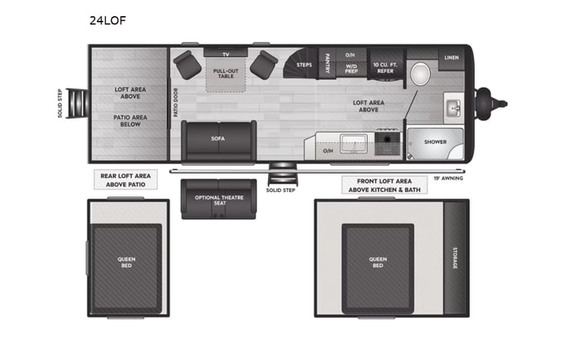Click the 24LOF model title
tap(107, 21)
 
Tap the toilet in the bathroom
tap(420, 74)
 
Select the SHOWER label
tap(435, 142)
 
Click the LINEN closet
tap(450, 58)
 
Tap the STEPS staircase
tap(301, 64)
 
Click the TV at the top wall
tap(226, 54)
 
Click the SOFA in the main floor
tap(219, 140)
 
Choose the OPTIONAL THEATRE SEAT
tap(219, 199)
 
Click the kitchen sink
tap(355, 141)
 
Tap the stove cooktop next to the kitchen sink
tap(387, 141)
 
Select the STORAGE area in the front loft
tap(455, 257)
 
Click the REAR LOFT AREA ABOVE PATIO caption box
tap(126, 180)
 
